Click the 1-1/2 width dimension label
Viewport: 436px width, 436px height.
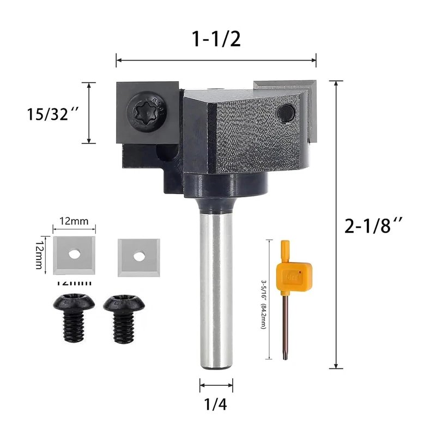[216, 39]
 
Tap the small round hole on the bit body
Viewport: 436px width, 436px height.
[284, 113]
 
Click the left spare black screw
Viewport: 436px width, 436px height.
[73, 319]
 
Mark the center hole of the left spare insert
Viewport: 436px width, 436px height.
[75, 254]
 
